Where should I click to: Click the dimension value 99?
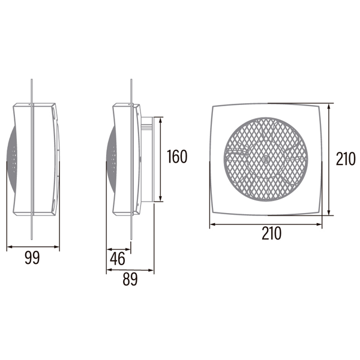(32, 258)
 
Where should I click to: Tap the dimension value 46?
(118, 259)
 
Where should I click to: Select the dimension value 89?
(130, 279)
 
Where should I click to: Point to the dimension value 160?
(177, 157)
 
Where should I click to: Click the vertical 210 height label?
(346, 159)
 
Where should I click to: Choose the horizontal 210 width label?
(272, 233)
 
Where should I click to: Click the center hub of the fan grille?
(266, 159)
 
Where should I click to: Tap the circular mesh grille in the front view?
(266, 160)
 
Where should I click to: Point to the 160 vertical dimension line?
(160, 160)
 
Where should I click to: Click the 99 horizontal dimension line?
(33, 247)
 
